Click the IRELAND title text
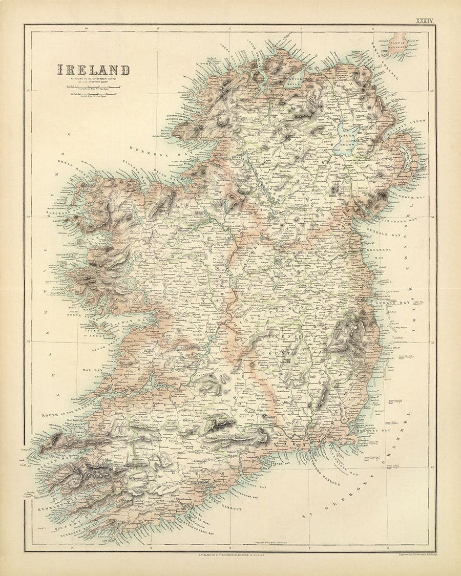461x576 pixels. (x=93, y=70)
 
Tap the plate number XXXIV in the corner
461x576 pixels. (x=425, y=20)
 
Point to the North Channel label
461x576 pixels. (x=381, y=67)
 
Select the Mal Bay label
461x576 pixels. (x=85, y=367)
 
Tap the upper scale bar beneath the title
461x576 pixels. (x=92, y=88)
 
